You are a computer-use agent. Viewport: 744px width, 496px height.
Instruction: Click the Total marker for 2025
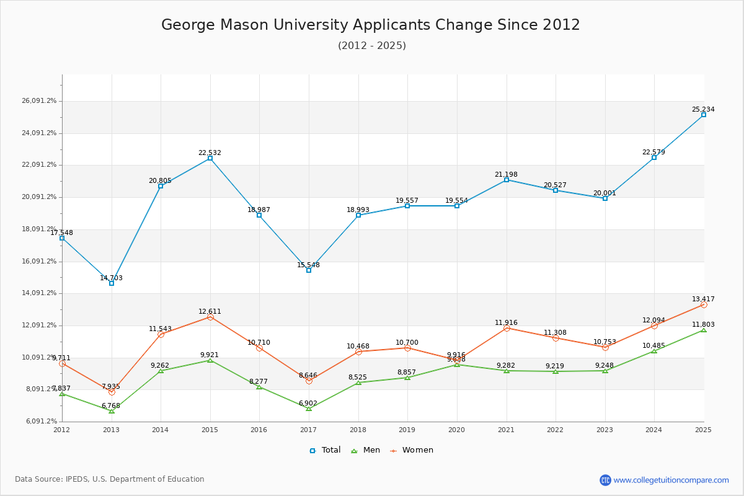(x=704, y=115)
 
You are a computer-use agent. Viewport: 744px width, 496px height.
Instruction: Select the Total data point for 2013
(x=112, y=283)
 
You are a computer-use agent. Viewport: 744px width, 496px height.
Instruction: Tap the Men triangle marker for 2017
(x=309, y=409)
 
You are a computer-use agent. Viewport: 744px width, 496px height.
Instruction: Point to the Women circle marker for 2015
(x=210, y=317)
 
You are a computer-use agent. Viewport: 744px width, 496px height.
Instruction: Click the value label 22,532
(x=210, y=153)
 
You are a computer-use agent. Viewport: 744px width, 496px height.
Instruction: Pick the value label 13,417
(x=703, y=299)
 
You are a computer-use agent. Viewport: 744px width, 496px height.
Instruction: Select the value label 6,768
(x=111, y=406)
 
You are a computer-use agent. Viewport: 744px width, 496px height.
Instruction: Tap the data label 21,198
(x=506, y=175)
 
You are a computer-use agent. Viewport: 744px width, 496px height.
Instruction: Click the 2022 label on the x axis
(x=556, y=429)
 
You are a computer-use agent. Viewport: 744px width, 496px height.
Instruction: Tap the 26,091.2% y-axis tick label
(x=39, y=101)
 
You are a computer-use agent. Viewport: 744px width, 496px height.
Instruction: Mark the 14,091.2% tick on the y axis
(x=39, y=293)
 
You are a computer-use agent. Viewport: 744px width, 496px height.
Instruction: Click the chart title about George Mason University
(x=371, y=25)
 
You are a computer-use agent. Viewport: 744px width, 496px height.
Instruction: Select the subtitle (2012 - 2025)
(x=371, y=46)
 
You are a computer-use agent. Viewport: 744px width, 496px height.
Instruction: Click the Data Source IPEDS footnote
(x=110, y=479)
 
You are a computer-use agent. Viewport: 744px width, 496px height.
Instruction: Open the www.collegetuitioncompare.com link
(x=671, y=480)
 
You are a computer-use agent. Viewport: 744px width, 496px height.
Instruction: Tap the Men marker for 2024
(x=654, y=351)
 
